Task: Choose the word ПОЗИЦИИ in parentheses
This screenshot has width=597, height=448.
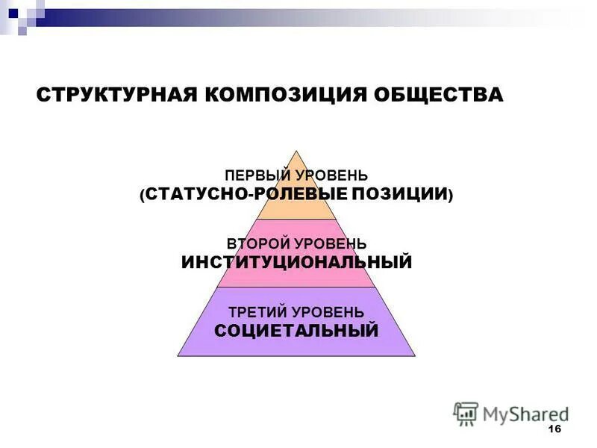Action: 410,194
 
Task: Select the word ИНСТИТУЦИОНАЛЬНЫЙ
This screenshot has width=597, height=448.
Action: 296,262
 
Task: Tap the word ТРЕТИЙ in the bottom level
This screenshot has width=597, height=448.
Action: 259,311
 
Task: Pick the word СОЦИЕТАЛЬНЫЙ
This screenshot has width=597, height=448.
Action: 296,330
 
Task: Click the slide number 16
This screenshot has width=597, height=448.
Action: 554,429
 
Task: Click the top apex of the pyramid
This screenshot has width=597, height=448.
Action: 297,150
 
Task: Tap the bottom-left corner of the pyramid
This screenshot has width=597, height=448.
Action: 178,355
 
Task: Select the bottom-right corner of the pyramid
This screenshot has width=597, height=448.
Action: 415,355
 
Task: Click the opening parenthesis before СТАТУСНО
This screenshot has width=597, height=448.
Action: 142,195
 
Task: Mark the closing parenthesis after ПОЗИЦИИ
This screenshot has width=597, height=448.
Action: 451,195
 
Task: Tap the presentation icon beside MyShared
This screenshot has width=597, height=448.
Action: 466,413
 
